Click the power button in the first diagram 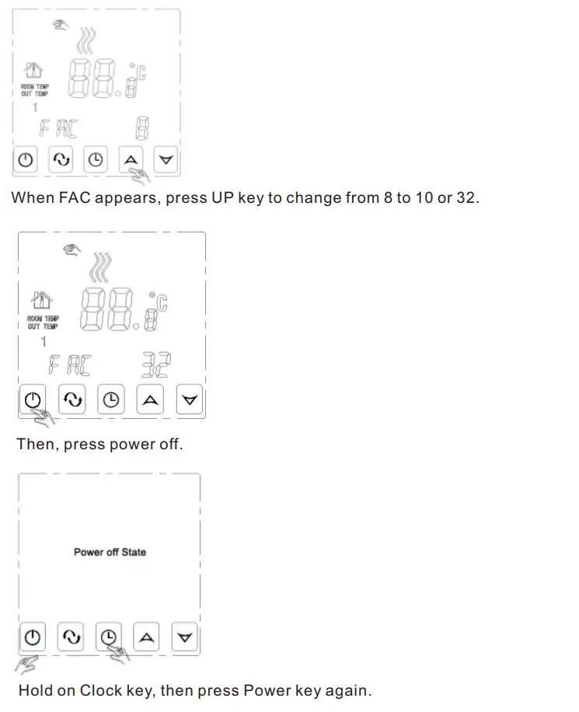26,160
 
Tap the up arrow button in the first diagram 131,160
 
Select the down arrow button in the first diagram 166,160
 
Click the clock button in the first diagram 96,160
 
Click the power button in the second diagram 32,400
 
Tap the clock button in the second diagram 112,400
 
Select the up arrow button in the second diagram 151,400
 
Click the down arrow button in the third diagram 184,638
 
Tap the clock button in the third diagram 109,638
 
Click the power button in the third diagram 32,638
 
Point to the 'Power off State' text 110,552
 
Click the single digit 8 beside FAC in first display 142,127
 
